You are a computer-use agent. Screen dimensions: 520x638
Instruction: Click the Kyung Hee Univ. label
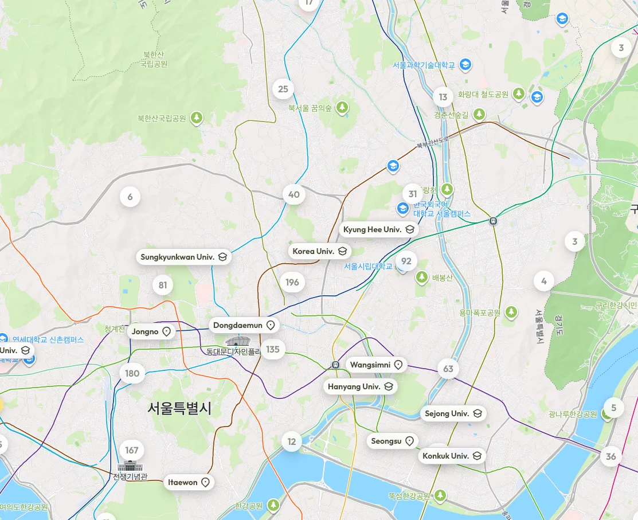click(379, 229)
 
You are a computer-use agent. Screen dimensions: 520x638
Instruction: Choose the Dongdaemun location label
click(244, 326)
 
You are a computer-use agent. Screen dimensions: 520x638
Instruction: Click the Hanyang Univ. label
click(360, 386)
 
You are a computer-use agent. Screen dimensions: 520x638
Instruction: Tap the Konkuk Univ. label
click(452, 456)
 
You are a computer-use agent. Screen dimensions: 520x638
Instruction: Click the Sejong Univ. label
click(453, 413)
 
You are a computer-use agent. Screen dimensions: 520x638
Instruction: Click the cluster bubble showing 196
click(292, 282)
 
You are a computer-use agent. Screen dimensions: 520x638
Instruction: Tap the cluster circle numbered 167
click(132, 450)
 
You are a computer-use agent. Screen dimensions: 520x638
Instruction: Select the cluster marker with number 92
click(406, 261)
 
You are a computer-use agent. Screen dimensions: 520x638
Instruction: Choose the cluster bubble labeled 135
click(273, 349)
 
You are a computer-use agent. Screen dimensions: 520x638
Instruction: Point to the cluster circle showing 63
click(448, 369)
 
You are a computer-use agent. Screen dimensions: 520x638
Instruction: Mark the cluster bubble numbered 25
click(283, 89)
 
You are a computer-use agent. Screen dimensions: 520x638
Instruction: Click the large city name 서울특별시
click(179, 408)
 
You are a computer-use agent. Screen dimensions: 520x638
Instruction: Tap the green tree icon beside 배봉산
click(422, 278)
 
